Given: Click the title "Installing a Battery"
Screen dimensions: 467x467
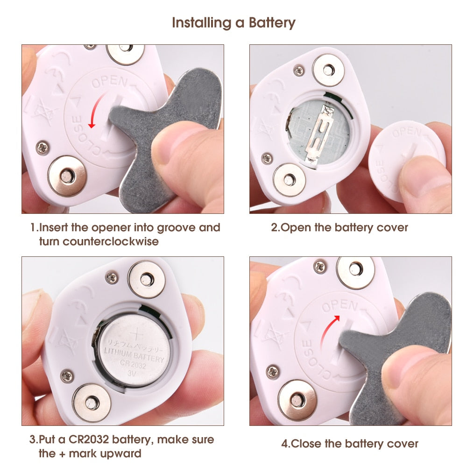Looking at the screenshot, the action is click(234, 23).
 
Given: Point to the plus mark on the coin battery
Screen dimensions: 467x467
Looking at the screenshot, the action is click(137, 334).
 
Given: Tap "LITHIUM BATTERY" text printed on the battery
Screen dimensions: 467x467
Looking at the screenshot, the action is click(134, 354).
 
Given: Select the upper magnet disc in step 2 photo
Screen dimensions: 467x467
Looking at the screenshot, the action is click(328, 71).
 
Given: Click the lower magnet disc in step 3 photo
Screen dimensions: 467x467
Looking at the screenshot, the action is click(92, 403).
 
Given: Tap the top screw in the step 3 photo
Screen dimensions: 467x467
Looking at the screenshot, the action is click(112, 277).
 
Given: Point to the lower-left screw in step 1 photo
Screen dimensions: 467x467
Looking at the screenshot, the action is click(43, 148).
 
